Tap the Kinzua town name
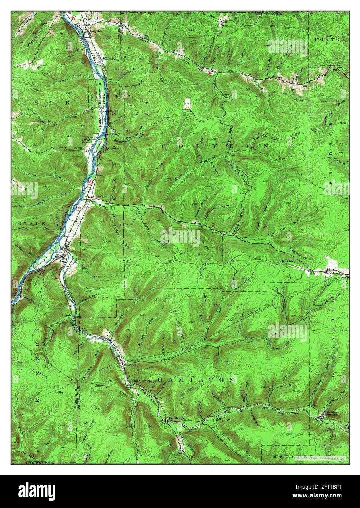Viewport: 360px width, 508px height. pyautogui.click(x=52, y=252)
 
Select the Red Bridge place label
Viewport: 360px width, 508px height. pyautogui.click(x=176, y=418)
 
